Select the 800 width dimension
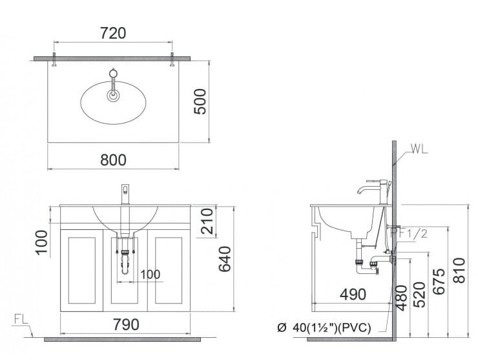tap(113, 158)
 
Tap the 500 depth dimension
tap(201, 101)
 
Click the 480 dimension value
tap(401, 298)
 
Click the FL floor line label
tap(20, 319)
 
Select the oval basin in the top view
tap(113, 103)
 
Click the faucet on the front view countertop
tap(125, 193)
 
